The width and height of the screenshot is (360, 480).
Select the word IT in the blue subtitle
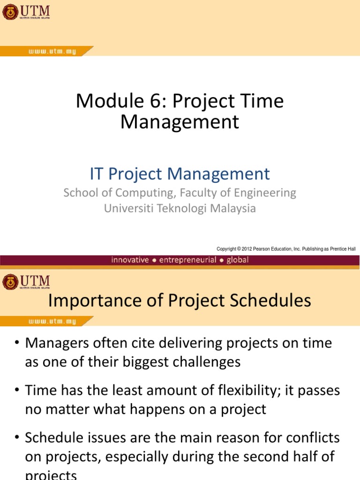click(x=97, y=174)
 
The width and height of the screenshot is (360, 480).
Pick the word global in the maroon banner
click(x=238, y=260)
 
